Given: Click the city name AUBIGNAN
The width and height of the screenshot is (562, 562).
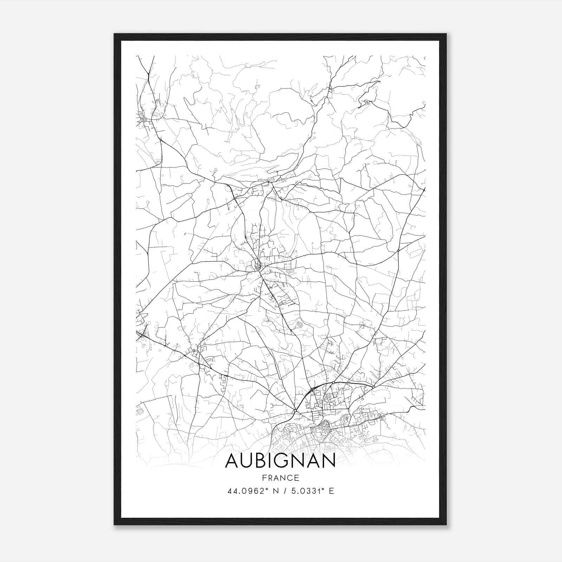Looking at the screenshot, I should pyautogui.click(x=280, y=460).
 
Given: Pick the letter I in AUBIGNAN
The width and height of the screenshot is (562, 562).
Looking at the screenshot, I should pyautogui.click(x=272, y=460).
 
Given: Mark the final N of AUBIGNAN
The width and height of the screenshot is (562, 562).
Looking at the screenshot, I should pyautogui.click(x=329, y=460).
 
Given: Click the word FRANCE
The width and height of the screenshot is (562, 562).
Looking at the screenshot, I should pyautogui.click(x=280, y=478).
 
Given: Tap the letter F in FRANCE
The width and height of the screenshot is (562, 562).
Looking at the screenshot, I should pyautogui.click(x=264, y=478).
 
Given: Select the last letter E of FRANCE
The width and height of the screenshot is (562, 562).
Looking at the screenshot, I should pyautogui.click(x=297, y=478).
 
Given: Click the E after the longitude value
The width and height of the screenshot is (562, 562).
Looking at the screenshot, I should pyautogui.click(x=331, y=491).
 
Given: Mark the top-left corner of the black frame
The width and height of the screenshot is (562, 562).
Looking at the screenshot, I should pyautogui.click(x=115, y=34).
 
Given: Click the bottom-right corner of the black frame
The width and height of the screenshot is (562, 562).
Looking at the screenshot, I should pyautogui.click(x=446, y=524).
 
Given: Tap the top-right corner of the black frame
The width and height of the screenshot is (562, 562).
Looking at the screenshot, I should pyautogui.click(x=446, y=34).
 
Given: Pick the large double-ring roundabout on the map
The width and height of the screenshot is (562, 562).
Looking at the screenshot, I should pyautogui.click(x=144, y=119).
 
